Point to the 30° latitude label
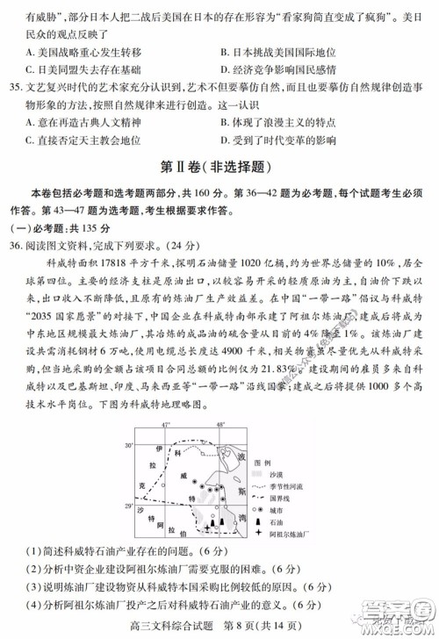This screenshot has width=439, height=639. (127, 447)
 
